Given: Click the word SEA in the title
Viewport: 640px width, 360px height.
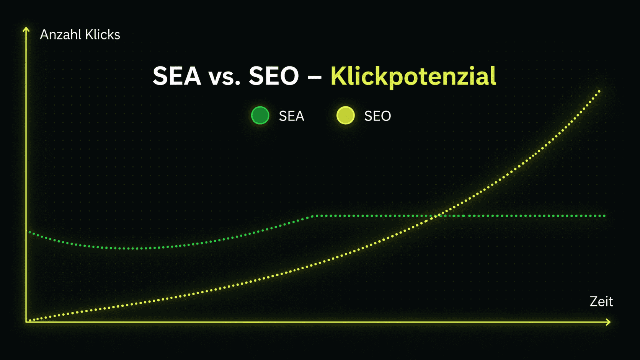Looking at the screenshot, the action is (177, 76).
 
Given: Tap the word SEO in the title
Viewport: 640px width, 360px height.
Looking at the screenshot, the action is (274, 76).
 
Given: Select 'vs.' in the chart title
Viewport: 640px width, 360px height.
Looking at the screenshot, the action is (224, 77).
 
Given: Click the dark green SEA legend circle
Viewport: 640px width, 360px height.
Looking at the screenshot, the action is (260, 115).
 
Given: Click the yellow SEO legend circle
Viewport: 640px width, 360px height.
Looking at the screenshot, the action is (345, 115).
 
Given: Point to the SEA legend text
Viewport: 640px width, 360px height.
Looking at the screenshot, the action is (291, 116).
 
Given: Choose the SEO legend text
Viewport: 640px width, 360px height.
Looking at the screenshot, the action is (377, 116).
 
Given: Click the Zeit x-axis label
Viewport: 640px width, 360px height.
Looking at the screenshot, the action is (601, 301).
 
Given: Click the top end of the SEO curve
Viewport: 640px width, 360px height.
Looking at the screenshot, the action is (599, 91).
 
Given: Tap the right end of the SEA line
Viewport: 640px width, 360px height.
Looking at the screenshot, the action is (604, 216).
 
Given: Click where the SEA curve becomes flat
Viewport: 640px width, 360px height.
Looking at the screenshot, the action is (313, 216).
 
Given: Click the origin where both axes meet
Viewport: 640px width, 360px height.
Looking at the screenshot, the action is (26, 322).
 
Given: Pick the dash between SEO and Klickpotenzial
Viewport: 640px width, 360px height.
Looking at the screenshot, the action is (315, 77).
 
